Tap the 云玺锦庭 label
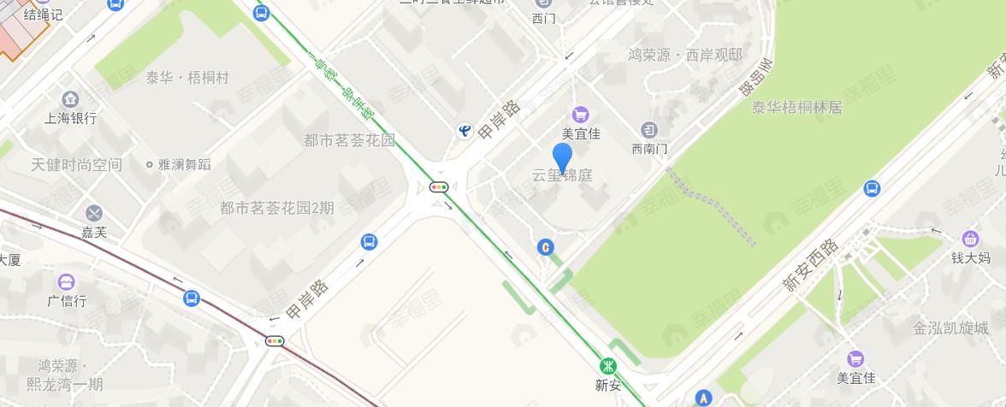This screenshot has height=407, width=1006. coord(562,175)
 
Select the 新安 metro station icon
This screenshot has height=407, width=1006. coord(608,365)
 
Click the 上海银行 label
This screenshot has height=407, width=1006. coord(70,118)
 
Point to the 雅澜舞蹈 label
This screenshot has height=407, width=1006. coord(184,164)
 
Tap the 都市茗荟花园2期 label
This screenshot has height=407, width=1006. coord(277,207)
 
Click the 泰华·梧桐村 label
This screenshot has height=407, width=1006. coord(187,78)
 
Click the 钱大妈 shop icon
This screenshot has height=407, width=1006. coord(970,239)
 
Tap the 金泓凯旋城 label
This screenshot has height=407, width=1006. coord(950,327)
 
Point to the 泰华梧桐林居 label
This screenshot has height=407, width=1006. coord(797,107)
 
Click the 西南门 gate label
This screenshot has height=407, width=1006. coord(649,148)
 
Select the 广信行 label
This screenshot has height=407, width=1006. coord(67,300)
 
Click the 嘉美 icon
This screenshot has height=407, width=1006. coord(94,213)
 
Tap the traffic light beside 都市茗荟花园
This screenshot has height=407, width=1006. coord(439,186)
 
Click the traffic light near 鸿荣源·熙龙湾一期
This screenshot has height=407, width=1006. coord(275,340)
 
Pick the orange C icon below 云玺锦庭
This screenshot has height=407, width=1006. coord(545,248)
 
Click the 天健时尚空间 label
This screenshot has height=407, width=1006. coord(76,164)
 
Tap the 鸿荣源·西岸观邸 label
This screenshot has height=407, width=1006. coord(685,55)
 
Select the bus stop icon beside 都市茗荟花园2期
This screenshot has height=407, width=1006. coord(369,242)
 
